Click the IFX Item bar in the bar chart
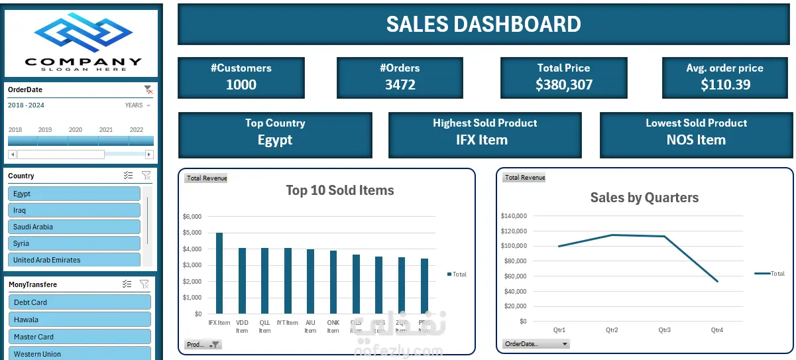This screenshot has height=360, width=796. (219, 273)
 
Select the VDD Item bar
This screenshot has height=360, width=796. (242, 280)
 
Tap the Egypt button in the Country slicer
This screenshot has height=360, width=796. (74, 194)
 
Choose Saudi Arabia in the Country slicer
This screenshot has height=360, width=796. (74, 227)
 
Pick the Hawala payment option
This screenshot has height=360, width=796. (79, 320)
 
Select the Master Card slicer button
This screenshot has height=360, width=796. (79, 337)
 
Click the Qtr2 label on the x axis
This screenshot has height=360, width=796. (612, 330)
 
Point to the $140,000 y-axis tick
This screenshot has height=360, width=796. (514, 215)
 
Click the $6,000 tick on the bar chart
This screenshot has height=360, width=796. (192, 217)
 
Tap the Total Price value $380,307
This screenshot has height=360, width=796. (564, 85)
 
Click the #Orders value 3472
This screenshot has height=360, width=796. (400, 85)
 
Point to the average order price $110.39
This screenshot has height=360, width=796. (725, 85)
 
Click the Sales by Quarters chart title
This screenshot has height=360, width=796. (644, 198)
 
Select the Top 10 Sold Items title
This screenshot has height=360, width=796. (340, 191)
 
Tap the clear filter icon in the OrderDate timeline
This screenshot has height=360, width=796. (148, 90)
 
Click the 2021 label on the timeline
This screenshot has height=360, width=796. (105, 130)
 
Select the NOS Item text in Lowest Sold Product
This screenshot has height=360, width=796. (696, 140)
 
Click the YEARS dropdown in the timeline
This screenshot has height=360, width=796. (138, 105)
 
